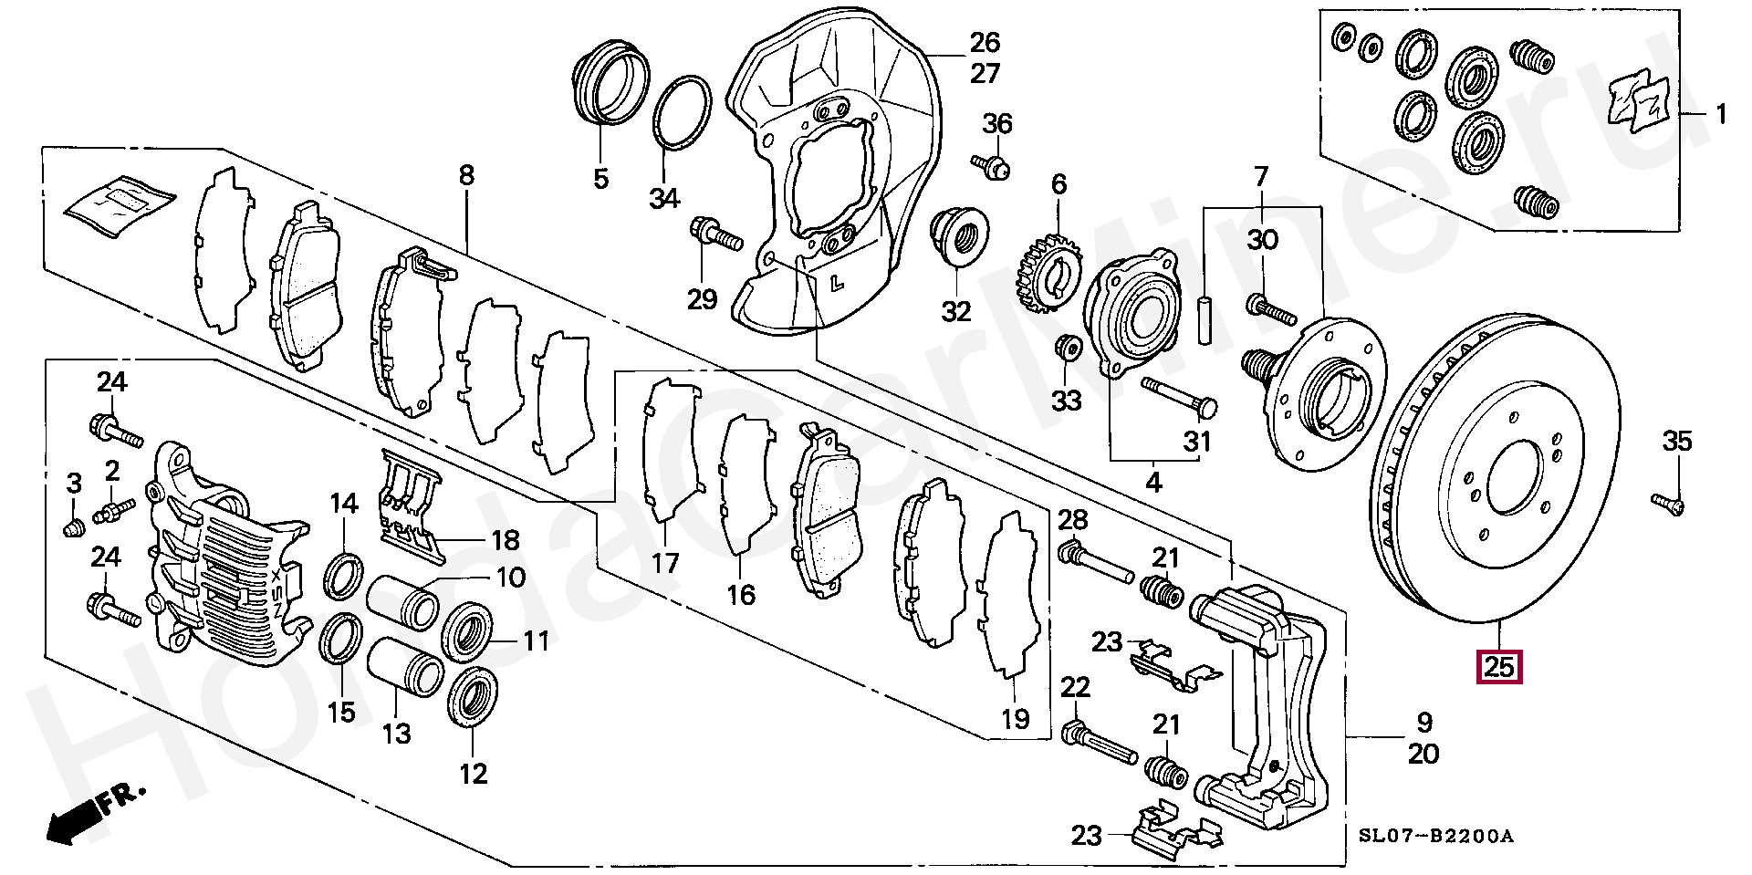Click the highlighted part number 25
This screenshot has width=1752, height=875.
point(1499,668)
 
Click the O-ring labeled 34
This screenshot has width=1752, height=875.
point(682,111)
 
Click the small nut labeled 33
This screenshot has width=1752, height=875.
point(1067,348)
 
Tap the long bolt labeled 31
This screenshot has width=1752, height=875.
point(1179,393)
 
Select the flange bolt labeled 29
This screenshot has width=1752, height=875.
point(717,233)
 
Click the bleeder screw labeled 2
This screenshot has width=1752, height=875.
point(114,508)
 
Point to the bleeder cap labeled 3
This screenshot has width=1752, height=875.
point(73,527)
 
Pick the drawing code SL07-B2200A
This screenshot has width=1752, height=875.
point(1435,836)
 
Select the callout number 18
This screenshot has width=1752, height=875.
point(505,540)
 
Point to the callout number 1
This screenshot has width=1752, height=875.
point(1721,115)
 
